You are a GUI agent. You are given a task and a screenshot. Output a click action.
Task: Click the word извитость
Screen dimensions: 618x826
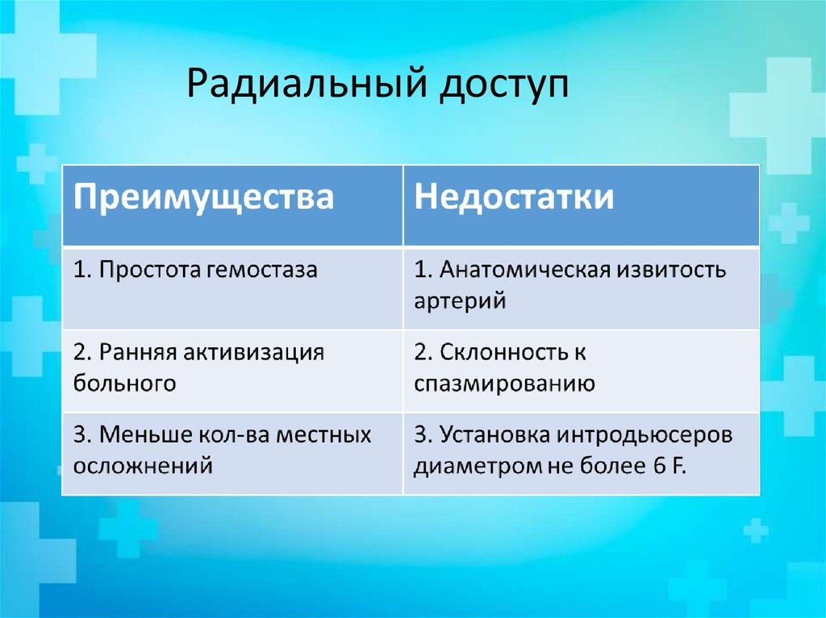click(x=671, y=270)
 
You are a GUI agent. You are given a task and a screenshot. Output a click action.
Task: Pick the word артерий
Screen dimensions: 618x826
click(x=460, y=301)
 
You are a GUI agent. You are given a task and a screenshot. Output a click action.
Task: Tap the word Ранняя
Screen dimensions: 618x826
click(x=136, y=352)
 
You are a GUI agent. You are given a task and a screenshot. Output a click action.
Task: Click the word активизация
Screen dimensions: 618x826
click(x=254, y=352)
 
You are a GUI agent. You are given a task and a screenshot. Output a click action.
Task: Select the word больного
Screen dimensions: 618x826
click(x=124, y=383)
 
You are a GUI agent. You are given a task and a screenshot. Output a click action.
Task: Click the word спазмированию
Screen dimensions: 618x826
click(x=505, y=384)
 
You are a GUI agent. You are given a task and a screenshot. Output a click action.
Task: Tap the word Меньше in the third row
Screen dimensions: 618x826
click(x=142, y=434)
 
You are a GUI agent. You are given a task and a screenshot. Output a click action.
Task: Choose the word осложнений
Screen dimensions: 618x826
click(x=143, y=465)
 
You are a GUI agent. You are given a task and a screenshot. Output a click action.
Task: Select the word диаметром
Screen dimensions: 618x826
click(x=469, y=466)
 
